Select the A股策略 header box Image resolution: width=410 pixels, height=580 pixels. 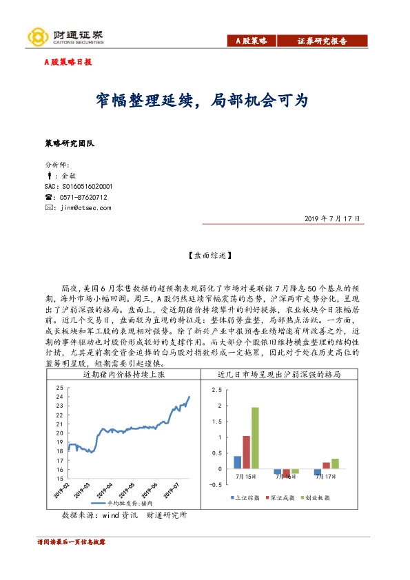(252, 41)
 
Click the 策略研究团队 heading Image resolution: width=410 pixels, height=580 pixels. (74, 144)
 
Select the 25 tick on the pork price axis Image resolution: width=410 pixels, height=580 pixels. (60, 388)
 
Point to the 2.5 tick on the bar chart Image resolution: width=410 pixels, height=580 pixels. (219, 389)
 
